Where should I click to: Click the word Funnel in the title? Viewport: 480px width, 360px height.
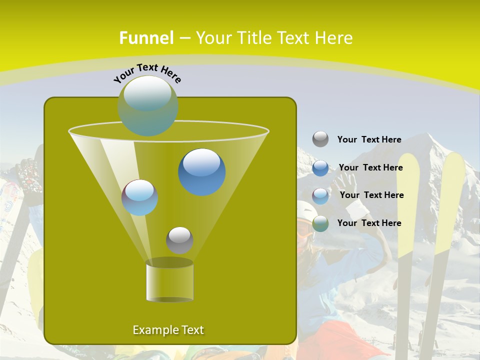coord(146,38)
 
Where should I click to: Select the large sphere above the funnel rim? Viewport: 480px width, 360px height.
coord(148,105)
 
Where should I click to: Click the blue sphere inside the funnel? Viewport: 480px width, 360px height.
coord(202,172)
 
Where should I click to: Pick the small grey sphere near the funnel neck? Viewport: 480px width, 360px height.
coord(179,240)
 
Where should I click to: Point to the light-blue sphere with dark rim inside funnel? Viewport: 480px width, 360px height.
coord(140,197)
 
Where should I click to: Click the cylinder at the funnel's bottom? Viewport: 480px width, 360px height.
coord(169,281)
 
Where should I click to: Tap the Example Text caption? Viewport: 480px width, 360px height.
coord(168,330)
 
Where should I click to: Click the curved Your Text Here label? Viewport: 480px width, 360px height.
coord(147,73)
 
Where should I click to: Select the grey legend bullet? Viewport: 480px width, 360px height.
coord(320,139)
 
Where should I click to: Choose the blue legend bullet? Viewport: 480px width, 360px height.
coord(320,167)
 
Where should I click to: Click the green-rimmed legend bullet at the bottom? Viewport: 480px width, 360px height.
coord(320,223)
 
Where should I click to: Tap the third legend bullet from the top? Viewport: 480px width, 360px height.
coord(320,195)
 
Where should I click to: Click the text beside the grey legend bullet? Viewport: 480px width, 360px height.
coord(369,139)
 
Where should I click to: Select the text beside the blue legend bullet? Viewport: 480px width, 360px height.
coord(371,167)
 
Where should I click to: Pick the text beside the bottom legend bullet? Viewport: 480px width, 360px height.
coord(369,223)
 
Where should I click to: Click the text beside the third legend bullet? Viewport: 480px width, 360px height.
coord(372,195)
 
